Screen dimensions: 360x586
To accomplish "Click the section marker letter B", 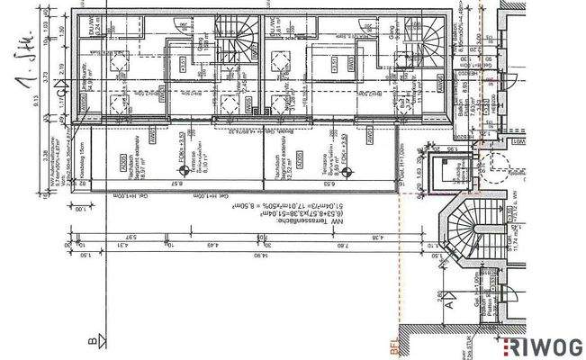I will [x=92, y=341].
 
